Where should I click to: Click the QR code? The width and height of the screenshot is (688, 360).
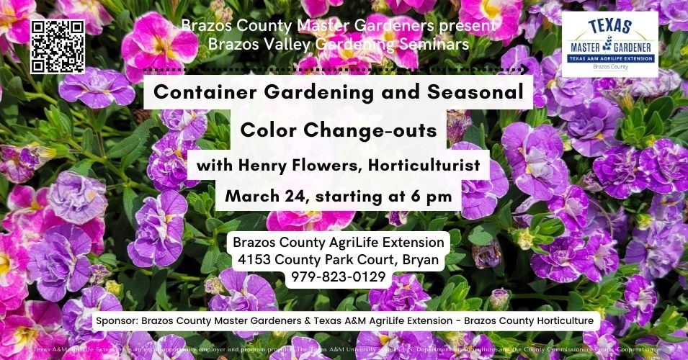click(58, 46)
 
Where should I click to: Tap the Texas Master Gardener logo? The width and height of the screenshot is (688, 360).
click(609, 44)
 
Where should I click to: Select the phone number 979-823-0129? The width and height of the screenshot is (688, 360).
click(339, 276)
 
